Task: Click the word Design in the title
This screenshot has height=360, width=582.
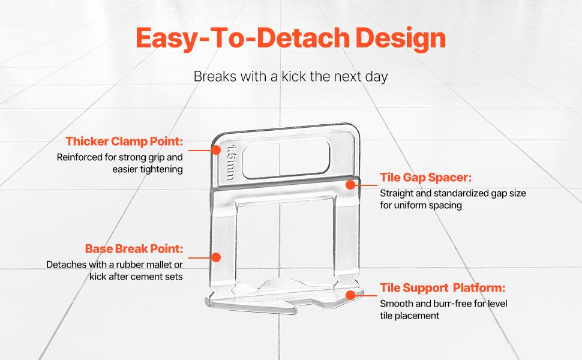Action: click(400, 38)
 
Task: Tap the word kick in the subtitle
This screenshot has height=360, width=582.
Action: click(294, 76)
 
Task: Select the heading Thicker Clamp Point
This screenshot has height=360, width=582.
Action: click(124, 142)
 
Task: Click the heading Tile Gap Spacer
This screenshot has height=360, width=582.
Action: click(426, 178)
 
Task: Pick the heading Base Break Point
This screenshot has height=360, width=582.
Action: click(134, 248)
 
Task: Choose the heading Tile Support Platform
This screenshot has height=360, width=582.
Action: click(442, 288)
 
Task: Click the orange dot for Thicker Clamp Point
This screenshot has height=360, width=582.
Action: click(216, 150)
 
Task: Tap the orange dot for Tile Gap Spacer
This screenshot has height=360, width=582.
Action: click(350, 184)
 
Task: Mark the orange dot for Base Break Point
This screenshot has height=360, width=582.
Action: click(216, 257)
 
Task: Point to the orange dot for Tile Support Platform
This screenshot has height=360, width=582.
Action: click(350, 295)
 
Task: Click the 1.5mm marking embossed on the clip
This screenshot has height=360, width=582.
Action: click(231, 163)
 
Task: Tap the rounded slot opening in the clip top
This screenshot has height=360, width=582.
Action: click(286, 158)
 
